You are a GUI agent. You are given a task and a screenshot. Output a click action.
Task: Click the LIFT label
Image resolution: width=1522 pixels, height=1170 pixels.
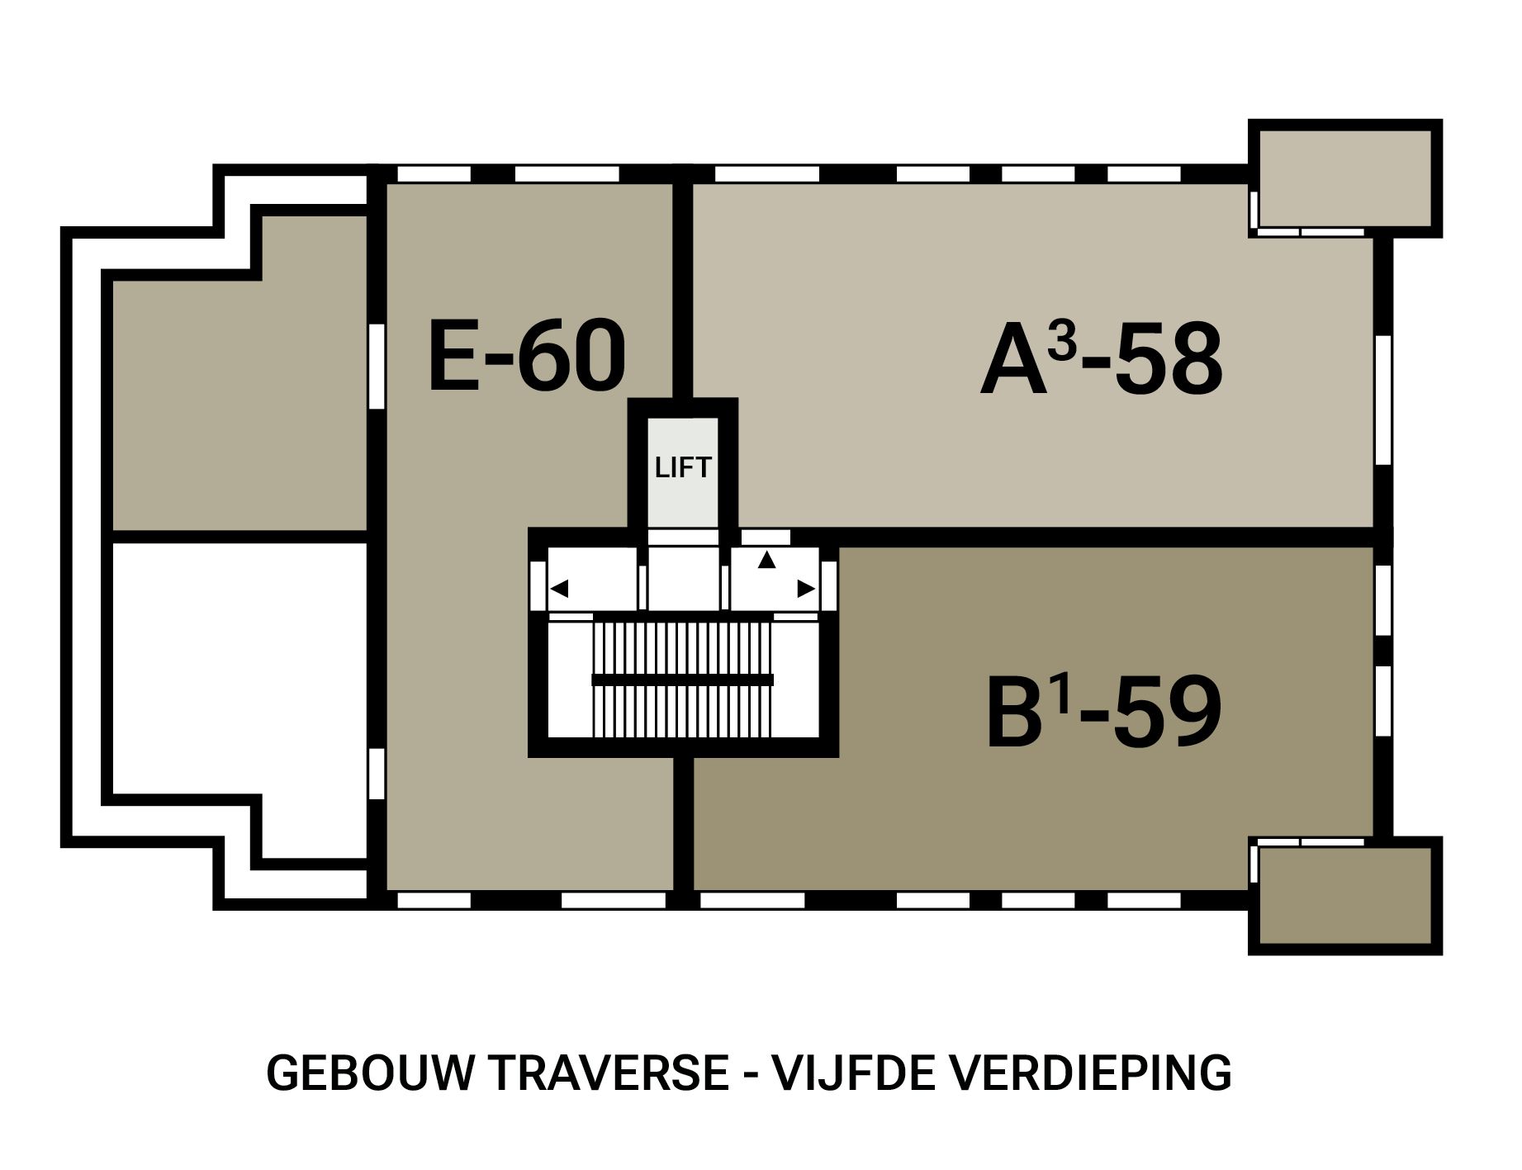682,468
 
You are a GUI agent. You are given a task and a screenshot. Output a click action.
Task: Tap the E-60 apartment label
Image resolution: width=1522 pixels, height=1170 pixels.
527,358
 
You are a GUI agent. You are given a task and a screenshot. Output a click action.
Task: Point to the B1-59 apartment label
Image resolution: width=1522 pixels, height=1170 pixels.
1103,712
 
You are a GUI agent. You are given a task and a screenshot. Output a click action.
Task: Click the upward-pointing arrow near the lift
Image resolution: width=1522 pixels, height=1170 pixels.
767,560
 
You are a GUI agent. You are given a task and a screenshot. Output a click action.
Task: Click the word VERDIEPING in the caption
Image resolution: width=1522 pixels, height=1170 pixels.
1090,1073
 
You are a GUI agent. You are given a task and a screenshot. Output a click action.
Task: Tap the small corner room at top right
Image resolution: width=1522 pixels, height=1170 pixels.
1344,178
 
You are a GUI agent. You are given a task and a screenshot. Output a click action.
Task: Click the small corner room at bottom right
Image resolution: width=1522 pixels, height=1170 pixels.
1344,896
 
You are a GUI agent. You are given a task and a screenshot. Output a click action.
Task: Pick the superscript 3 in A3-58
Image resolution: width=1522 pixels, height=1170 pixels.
1062,343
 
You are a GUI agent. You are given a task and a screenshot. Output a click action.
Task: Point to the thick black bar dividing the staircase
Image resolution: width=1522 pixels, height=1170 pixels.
682,680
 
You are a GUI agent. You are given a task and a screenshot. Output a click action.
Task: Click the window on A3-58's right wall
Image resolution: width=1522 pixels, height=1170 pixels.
1383,400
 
